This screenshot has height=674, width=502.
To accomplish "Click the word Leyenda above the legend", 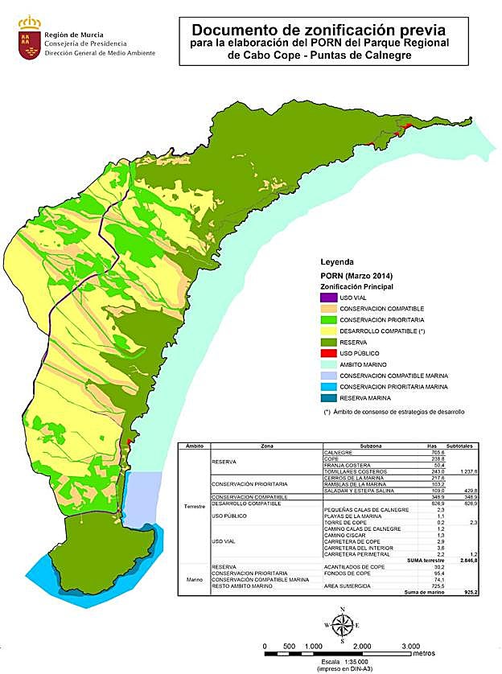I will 337,262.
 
